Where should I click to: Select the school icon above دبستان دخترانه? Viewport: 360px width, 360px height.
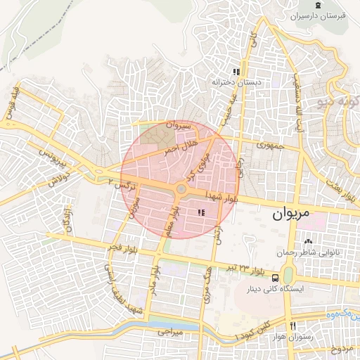point(237,72)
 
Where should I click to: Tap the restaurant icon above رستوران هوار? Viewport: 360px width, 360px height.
point(292,326)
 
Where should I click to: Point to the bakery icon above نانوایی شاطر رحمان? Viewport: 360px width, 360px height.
point(308,242)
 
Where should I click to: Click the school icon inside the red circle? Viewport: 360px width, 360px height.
point(202,212)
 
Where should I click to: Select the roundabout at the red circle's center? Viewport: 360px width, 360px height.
point(181,188)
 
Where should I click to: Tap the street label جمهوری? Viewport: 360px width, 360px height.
point(269,146)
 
